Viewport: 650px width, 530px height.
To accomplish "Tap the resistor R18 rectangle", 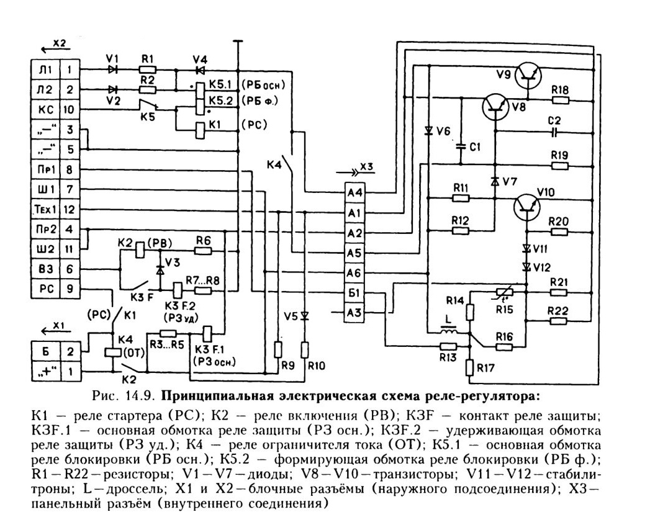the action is point(559,100).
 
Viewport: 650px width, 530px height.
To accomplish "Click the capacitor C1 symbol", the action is point(460,146).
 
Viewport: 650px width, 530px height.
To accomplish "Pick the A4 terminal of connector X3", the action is point(355,192).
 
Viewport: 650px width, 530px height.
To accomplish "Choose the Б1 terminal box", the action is point(355,293).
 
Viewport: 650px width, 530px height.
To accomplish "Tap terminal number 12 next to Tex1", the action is point(70,209).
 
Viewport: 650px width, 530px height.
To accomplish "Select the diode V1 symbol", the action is point(112,70).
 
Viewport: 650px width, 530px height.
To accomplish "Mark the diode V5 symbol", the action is point(305,317).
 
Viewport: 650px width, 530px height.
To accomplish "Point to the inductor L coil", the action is point(448,331).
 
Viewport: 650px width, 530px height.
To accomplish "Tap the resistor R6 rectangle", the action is point(203,251).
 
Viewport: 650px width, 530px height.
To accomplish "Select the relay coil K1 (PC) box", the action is point(200,130).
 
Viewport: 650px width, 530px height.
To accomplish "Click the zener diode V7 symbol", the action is point(494,181).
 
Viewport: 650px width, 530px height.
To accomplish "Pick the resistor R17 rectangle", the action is point(470,367).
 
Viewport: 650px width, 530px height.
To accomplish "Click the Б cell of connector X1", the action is point(46,351).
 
